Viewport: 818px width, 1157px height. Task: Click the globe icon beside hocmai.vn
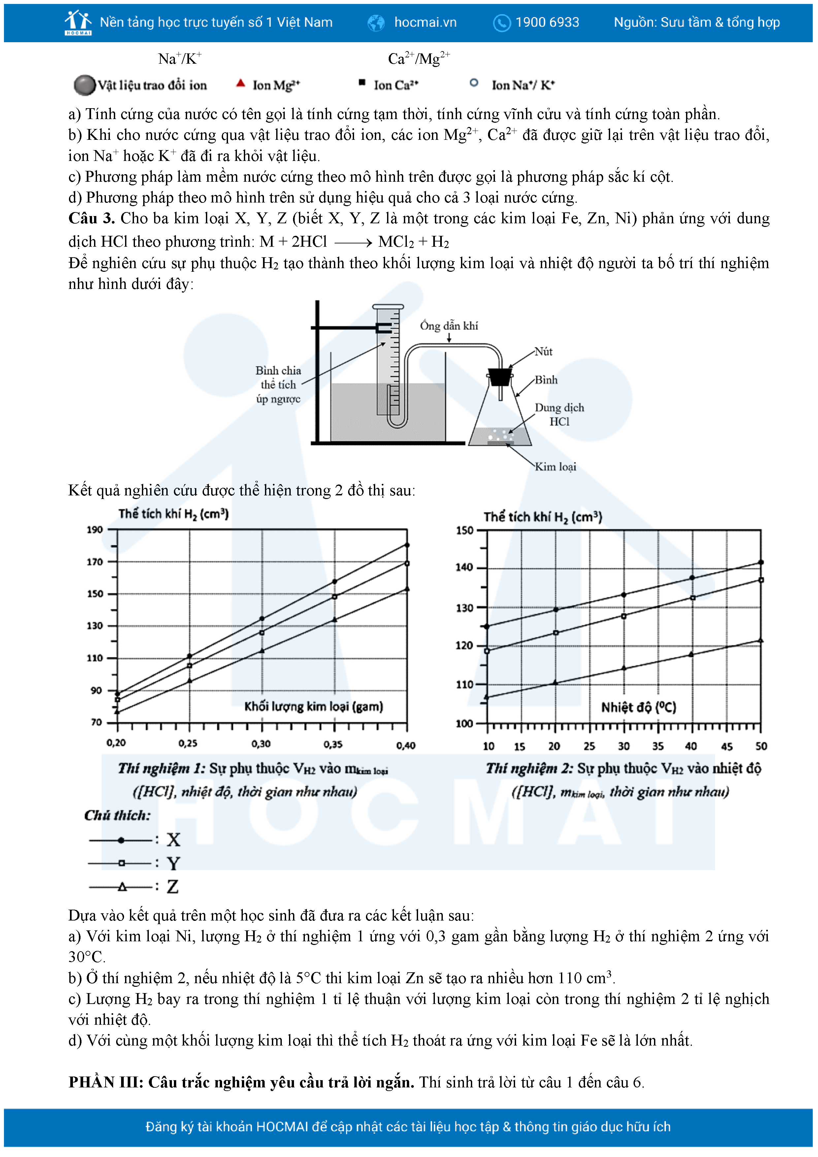(376, 23)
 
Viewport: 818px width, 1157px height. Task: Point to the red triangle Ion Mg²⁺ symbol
(241, 83)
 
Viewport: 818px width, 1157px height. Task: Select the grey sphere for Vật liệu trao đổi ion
(84, 85)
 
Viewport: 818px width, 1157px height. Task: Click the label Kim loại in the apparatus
(555, 467)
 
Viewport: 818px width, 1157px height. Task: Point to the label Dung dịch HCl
(559, 414)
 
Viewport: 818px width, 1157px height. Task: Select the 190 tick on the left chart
(95, 530)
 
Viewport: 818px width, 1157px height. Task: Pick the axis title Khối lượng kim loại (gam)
(313, 706)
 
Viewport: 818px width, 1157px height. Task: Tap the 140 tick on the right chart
(464, 567)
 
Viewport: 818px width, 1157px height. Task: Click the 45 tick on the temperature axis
(726, 746)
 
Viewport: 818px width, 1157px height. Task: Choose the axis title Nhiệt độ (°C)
(638, 707)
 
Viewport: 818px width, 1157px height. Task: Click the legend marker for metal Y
(121, 863)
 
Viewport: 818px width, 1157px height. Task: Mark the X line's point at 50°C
(761, 562)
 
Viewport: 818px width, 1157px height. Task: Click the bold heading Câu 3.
(91, 218)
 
